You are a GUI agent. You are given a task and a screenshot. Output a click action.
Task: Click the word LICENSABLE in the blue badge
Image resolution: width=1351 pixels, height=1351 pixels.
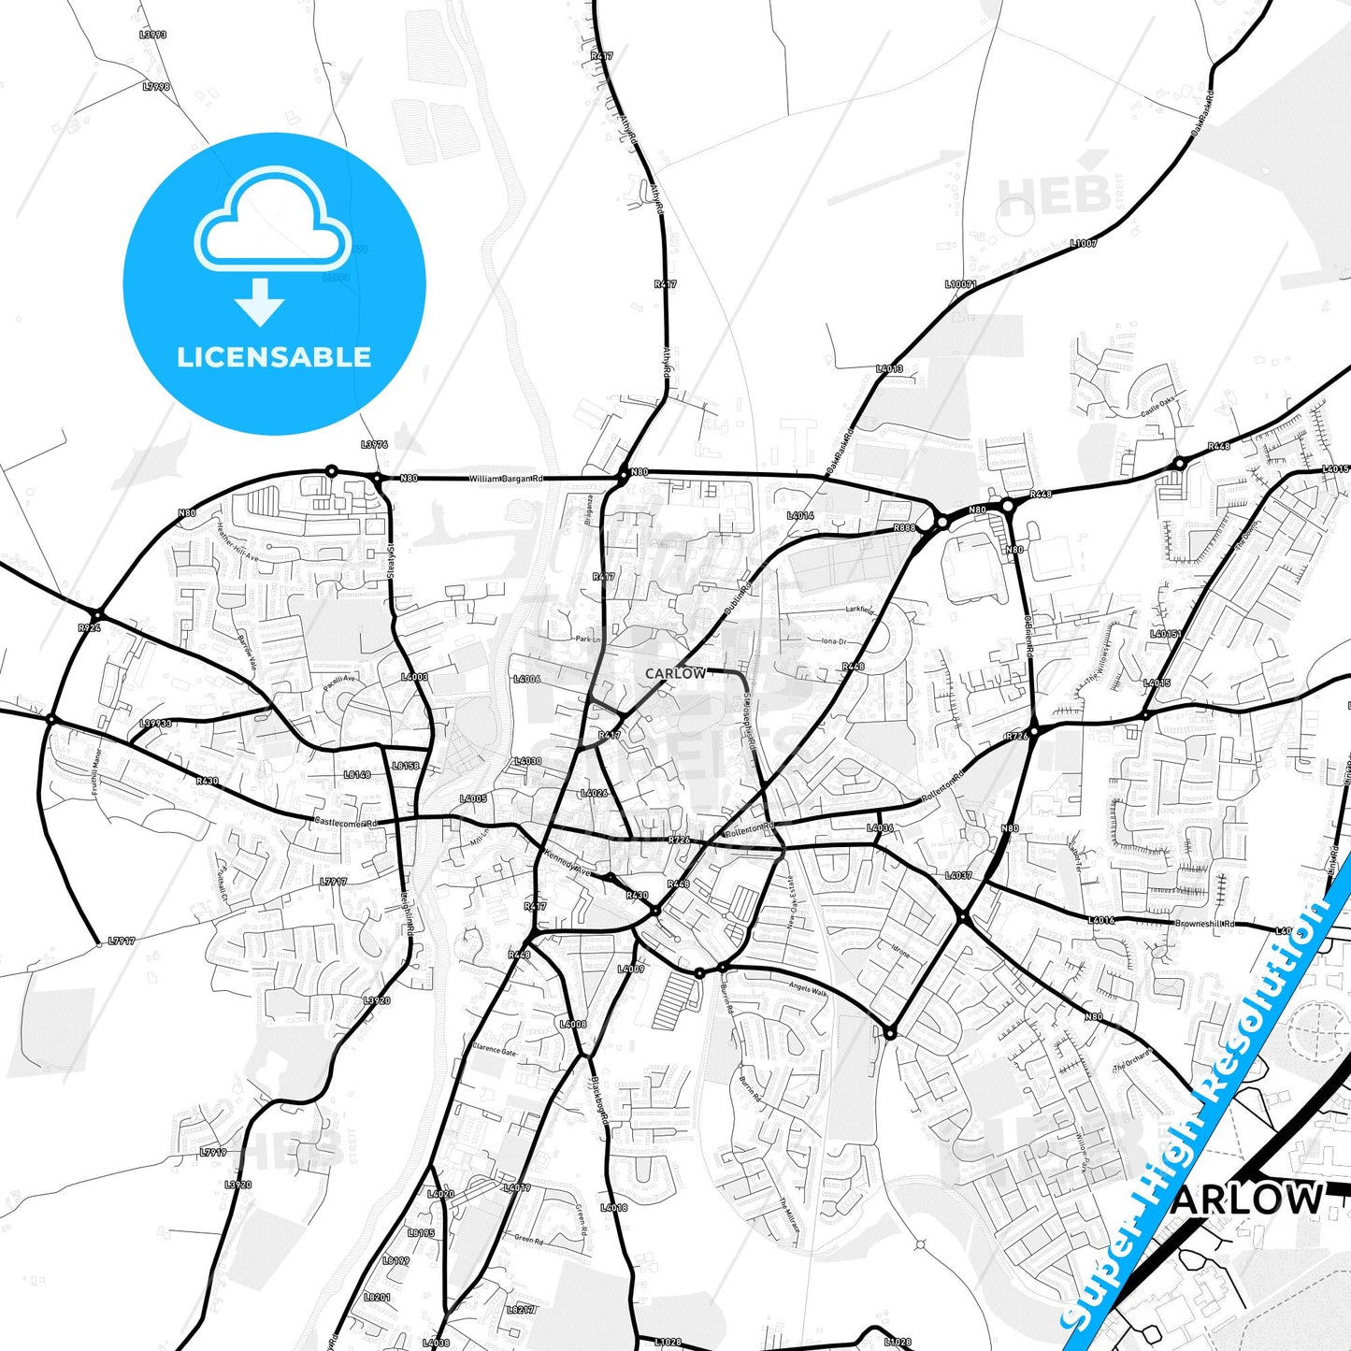[x=274, y=357]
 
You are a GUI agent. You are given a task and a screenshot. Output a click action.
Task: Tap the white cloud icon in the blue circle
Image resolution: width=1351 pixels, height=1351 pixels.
[x=272, y=225]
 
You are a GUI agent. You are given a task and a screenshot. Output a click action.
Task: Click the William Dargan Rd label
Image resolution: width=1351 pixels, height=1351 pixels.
[x=505, y=479]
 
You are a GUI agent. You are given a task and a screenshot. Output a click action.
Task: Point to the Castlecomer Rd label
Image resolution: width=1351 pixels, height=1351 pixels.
[x=345, y=823]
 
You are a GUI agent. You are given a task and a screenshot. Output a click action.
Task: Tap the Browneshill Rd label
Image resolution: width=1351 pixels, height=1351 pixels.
[x=1205, y=924]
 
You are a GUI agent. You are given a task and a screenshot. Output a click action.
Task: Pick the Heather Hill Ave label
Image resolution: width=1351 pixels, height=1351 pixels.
[x=237, y=543]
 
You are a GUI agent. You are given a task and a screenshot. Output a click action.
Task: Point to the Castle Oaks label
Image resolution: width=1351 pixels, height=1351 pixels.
[x=1158, y=405]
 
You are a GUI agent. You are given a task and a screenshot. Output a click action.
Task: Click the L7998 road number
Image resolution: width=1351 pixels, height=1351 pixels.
[x=156, y=87]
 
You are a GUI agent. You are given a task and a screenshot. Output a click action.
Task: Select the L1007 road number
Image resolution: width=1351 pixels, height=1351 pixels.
[x=1084, y=243]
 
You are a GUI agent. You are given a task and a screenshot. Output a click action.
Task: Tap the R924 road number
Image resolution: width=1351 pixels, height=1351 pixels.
[x=90, y=628]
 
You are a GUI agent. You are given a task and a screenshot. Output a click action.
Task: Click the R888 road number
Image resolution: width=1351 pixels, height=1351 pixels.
[x=904, y=528]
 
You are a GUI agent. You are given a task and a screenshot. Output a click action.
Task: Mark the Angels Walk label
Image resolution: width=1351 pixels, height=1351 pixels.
[x=807, y=988]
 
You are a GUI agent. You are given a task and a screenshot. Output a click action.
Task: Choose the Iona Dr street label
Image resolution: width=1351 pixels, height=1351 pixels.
[x=833, y=641]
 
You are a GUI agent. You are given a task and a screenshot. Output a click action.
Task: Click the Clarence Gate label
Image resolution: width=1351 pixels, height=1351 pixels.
[x=495, y=1050]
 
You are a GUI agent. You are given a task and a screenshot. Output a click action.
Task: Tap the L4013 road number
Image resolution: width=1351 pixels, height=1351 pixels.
[x=889, y=369]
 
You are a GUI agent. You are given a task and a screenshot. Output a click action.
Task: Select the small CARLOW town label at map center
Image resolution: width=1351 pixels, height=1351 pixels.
[x=675, y=673]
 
